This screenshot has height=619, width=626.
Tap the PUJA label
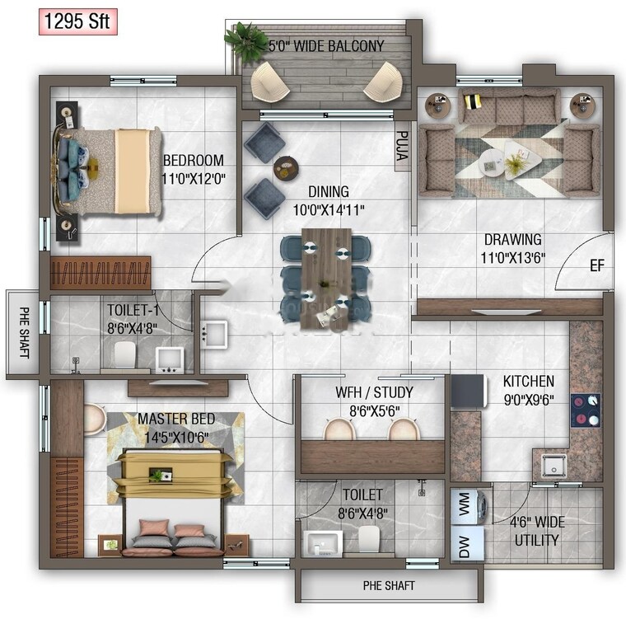(x=402, y=145)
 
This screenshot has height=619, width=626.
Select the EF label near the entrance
(x=597, y=266)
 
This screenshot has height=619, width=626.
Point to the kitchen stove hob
(x=585, y=410)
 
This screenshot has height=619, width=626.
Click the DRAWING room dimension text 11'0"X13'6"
(x=512, y=257)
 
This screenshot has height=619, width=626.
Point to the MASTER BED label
(x=175, y=420)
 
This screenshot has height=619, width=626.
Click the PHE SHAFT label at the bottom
(x=389, y=586)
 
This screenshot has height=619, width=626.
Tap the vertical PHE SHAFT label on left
(x=23, y=334)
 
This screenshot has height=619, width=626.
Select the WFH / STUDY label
(x=374, y=392)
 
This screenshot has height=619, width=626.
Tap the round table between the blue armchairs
(x=286, y=167)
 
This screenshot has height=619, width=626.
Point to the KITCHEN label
(x=529, y=382)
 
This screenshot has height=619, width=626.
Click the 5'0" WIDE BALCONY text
(x=326, y=46)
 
